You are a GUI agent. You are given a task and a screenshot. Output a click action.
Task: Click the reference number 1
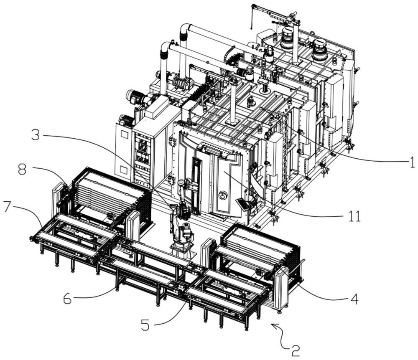[x=412, y=162]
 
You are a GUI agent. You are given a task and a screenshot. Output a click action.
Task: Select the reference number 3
[x=35, y=135]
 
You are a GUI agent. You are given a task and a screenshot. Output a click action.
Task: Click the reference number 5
[x=145, y=325]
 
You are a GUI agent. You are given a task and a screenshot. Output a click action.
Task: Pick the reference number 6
[x=67, y=299]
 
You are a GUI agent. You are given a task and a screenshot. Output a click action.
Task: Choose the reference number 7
[x=8, y=207]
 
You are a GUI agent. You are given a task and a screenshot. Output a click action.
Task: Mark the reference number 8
[x=23, y=169]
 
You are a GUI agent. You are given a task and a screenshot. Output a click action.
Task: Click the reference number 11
[x=354, y=216]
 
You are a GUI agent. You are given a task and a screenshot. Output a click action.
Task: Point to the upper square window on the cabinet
[x=124, y=134]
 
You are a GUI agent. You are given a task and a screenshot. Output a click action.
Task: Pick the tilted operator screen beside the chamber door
[x=242, y=204]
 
